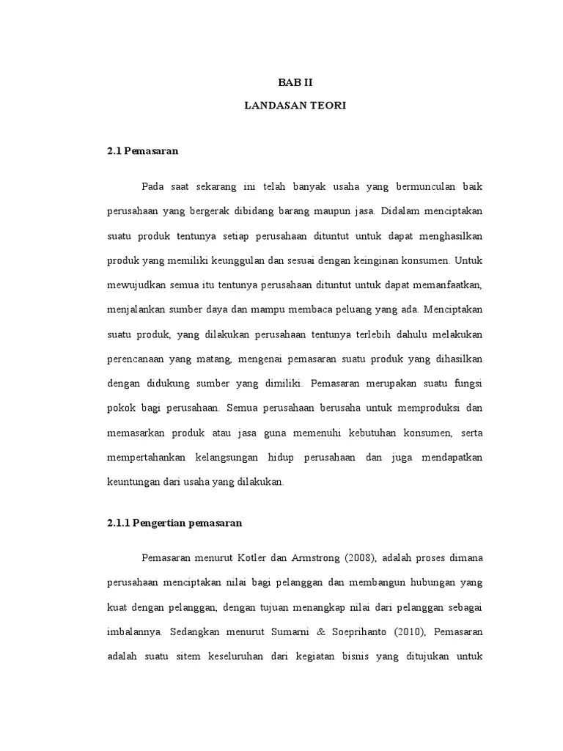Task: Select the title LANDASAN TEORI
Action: click(295, 106)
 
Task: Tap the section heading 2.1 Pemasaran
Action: click(143, 151)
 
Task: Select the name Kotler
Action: click(254, 558)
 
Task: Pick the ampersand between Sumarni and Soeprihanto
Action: click(331, 631)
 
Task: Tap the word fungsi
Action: click(465, 383)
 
